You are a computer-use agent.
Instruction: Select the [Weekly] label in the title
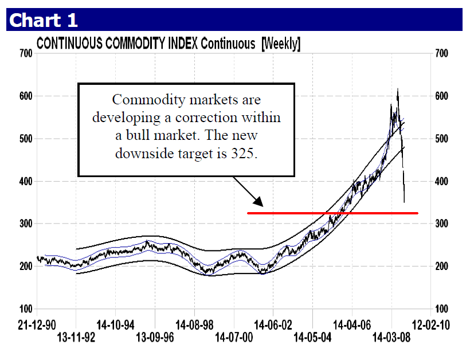tap(280, 44)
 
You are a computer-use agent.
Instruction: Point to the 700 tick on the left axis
tap(24, 53)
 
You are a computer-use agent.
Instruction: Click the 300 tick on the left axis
tap(24, 224)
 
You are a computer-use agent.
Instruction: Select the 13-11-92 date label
tap(75, 336)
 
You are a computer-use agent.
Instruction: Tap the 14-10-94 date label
tap(116, 324)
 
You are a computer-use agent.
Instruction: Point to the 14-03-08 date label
tap(390, 336)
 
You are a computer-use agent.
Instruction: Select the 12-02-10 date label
tap(430, 324)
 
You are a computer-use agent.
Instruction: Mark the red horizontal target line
tap(332, 213)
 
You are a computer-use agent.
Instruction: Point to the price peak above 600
tap(398, 90)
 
